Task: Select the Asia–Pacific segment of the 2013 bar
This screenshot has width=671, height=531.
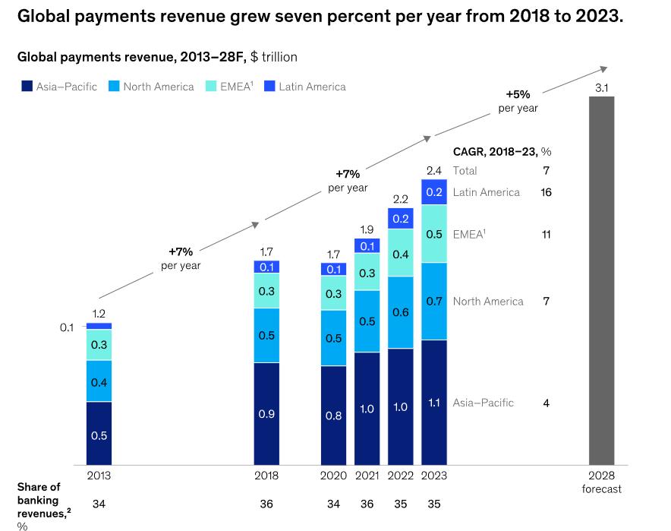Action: [99, 432]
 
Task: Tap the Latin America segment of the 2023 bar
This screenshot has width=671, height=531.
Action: [433, 192]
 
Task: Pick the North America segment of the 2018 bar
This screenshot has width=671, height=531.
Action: [266, 335]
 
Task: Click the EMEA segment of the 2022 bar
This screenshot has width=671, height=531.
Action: [401, 252]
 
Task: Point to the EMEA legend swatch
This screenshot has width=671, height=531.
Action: [213, 87]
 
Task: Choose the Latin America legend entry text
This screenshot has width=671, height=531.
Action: [312, 87]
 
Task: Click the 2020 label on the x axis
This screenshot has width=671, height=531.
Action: [334, 476]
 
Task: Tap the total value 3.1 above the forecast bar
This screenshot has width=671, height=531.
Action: [601, 88]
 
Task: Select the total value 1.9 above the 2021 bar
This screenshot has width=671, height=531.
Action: [367, 229]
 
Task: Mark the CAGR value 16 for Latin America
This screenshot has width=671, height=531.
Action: [546, 192]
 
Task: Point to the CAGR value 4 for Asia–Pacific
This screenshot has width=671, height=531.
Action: [546, 403]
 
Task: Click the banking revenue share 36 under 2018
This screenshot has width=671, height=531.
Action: [266, 504]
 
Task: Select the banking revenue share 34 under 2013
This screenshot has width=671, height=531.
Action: [99, 504]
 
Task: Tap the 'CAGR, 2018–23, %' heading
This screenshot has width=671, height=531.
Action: [502, 152]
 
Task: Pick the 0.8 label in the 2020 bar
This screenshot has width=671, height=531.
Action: [334, 416]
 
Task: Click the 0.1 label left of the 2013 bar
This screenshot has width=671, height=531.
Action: [67, 327]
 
